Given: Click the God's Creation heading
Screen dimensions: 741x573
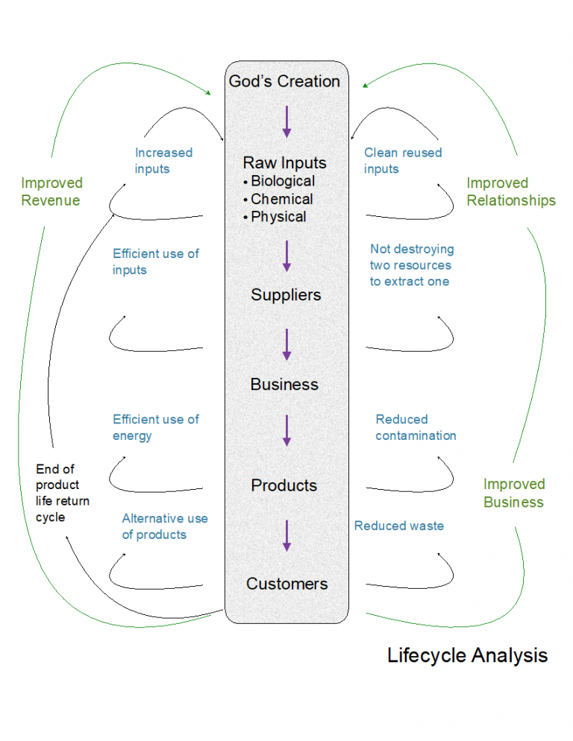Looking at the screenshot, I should point(284,81).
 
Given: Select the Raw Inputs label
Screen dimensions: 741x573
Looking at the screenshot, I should point(284,163).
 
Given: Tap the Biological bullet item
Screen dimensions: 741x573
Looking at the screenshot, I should point(283,181).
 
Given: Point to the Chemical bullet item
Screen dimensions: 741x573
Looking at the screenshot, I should point(281,199).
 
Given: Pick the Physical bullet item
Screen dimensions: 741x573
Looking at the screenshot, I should point(278,217).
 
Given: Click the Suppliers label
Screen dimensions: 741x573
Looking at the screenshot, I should point(286,295).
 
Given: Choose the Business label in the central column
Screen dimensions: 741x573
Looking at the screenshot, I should point(284,385).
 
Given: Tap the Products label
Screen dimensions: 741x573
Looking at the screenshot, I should point(284,485).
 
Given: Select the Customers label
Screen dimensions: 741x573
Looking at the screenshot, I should point(286,584).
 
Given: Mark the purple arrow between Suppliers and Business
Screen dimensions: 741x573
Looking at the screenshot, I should point(286,344).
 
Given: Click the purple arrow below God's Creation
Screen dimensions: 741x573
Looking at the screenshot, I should point(286,122).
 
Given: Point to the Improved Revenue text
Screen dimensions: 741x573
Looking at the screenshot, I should point(51,192).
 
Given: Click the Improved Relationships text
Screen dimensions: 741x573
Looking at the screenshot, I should point(511,192).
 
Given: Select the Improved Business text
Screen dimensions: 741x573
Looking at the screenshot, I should point(514,493).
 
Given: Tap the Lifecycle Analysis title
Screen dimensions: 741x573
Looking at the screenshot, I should point(467,655).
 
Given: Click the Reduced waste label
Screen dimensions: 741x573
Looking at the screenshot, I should point(398,526).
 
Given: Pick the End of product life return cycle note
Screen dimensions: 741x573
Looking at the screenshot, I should point(63,493).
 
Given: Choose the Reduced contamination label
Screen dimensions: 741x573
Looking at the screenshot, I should point(416,428).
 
